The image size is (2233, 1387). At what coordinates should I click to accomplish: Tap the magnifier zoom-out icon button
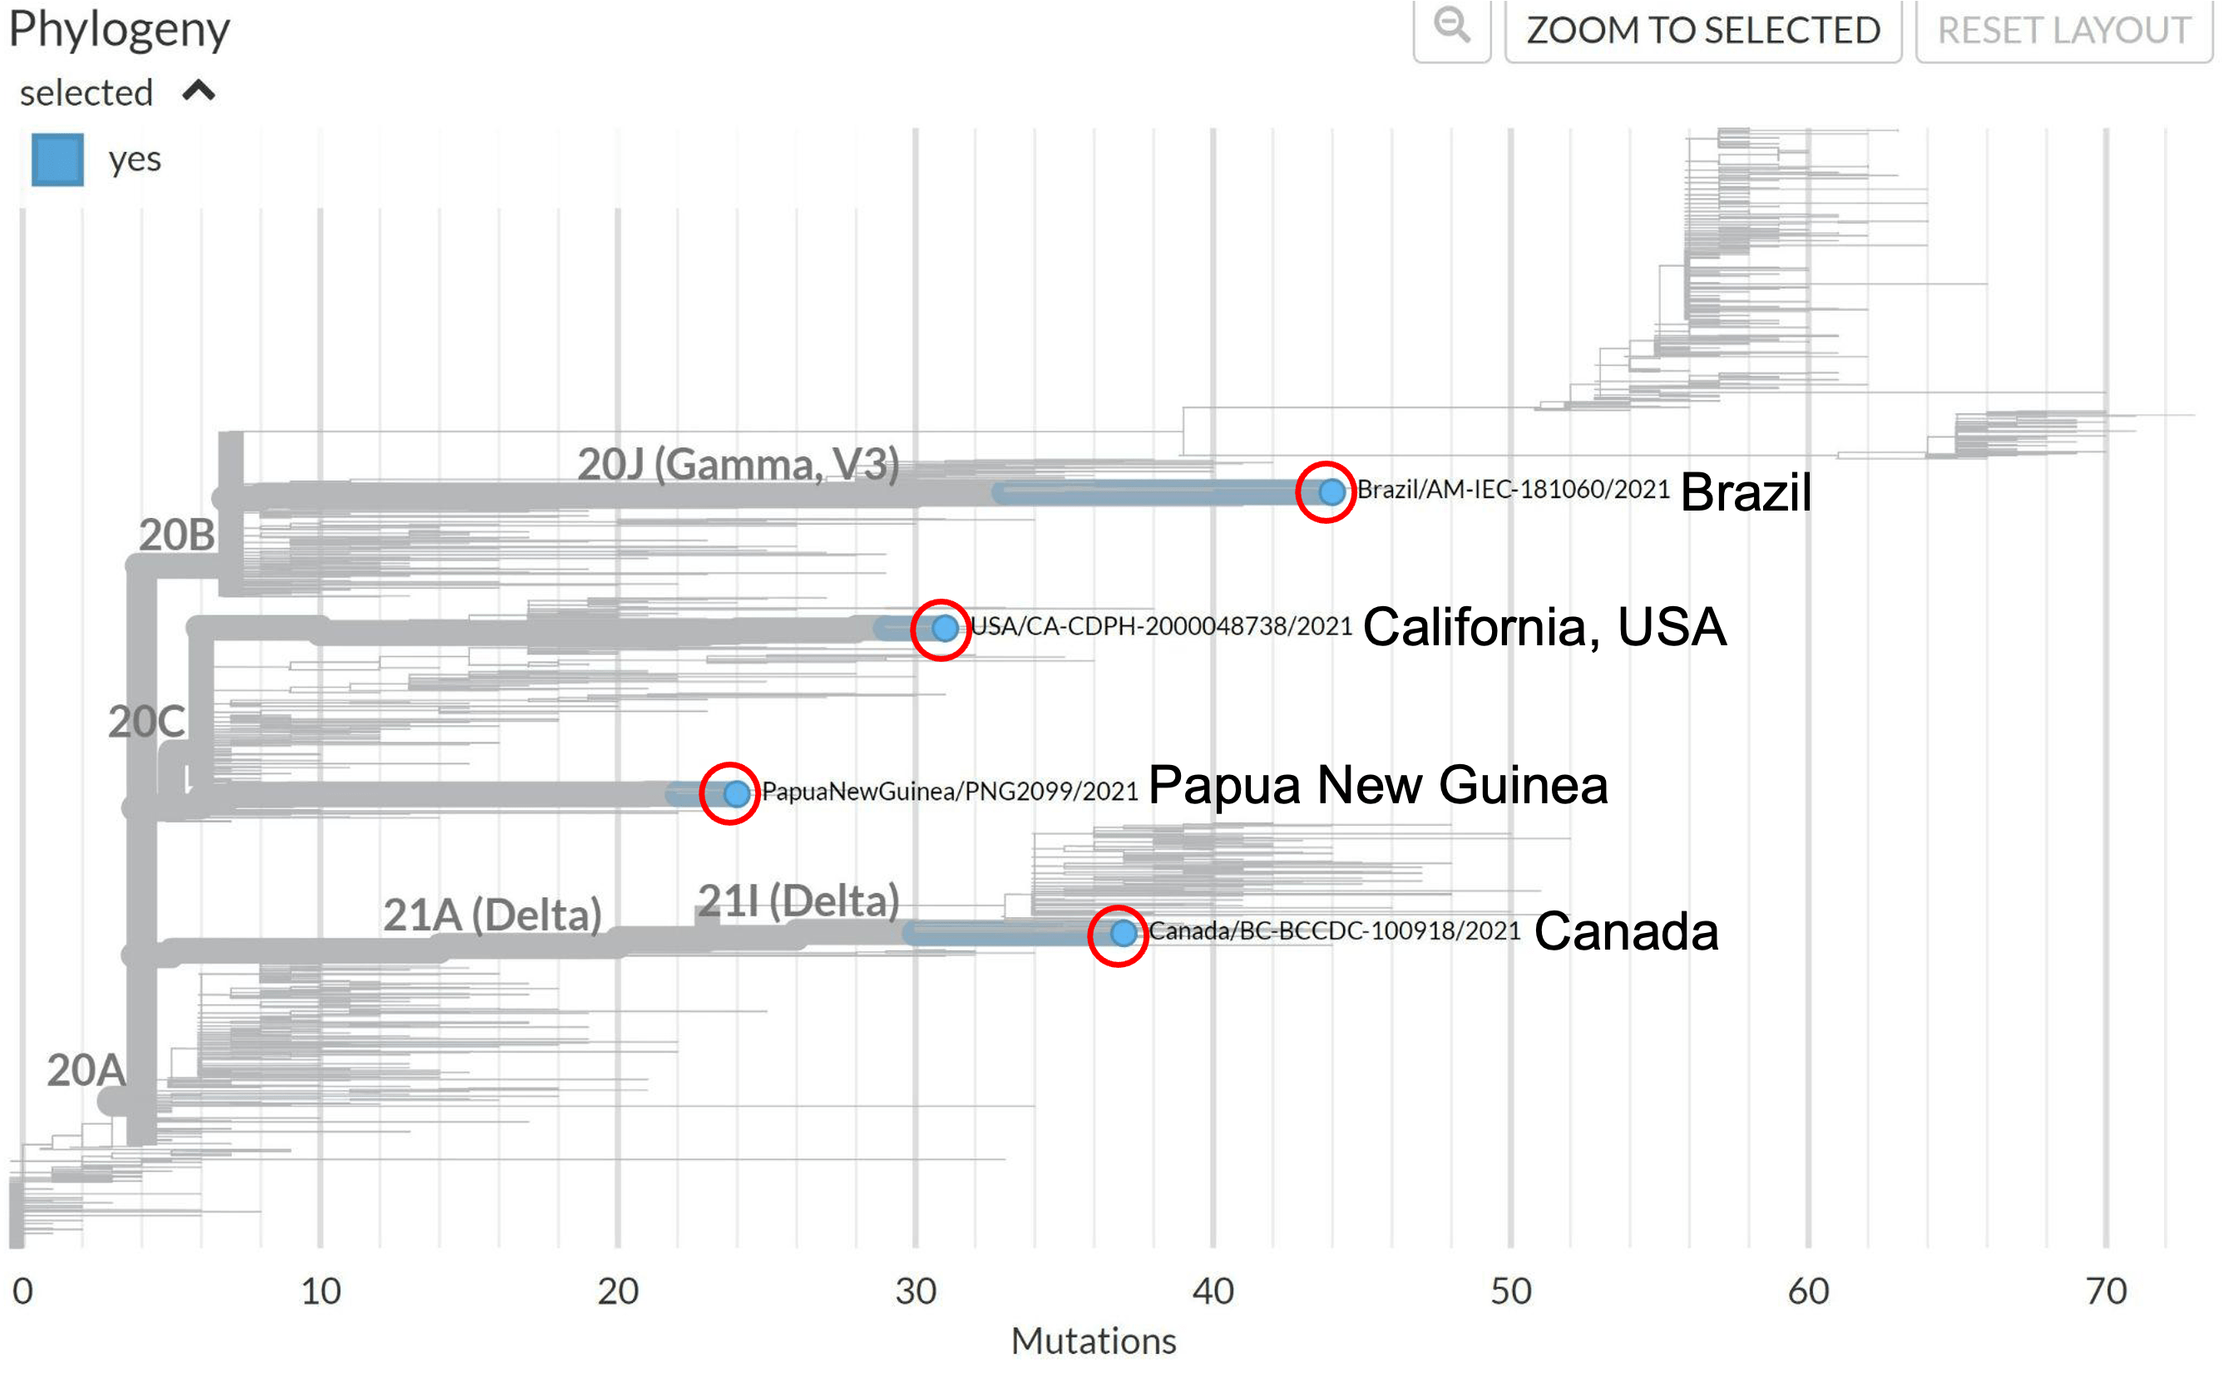click(1451, 27)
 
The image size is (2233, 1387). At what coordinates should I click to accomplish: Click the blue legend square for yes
click(57, 160)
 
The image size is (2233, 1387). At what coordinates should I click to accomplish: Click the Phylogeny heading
click(118, 29)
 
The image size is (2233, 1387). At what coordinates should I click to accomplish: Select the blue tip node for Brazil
click(1331, 491)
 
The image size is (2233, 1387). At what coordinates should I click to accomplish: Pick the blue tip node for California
click(944, 629)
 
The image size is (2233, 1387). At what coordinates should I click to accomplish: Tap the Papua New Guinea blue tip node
click(736, 793)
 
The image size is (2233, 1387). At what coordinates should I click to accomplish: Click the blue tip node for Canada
click(1123, 934)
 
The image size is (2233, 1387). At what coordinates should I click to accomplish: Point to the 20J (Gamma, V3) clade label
click(738, 464)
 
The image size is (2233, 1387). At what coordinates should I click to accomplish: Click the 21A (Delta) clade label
click(492, 915)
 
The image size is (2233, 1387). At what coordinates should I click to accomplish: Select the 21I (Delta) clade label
click(798, 901)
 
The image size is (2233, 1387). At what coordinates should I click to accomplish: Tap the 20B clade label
click(177, 535)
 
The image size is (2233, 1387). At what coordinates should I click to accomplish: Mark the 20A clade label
click(86, 1070)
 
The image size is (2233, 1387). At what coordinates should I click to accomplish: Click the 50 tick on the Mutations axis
click(1510, 1291)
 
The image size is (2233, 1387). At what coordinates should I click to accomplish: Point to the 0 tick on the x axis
click(23, 1291)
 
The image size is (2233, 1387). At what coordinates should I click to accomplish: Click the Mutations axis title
click(1093, 1341)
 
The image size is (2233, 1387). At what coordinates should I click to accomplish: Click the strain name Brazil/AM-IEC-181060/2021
click(1513, 490)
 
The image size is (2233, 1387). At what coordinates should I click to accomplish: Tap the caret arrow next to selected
click(198, 91)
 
